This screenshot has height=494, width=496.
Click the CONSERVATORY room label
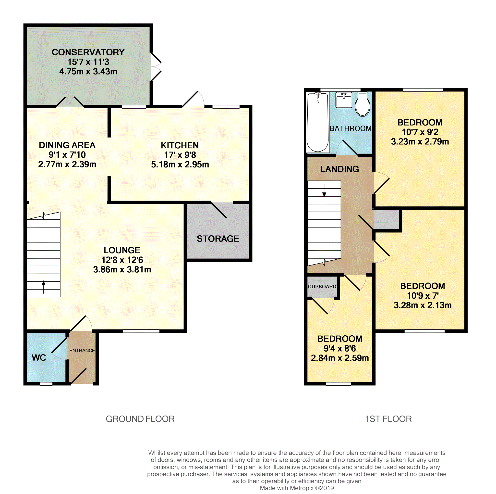click(x=88, y=52)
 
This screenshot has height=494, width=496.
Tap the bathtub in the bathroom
click(x=318, y=122)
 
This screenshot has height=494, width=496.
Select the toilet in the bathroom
click(x=363, y=105)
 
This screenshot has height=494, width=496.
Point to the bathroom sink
click(x=344, y=100)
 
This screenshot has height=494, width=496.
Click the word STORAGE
click(x=218, y=239)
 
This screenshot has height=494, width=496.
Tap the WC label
click(x=39, y=357)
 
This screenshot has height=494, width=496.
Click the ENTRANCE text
click(x=82, y=351)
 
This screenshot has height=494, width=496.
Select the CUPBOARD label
click(x=322, y=287)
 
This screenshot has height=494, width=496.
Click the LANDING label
click(x=340, y=169)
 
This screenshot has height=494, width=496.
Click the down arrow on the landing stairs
click(x=324, y=191)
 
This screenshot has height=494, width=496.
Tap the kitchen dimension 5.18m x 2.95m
click(x=180, y=165)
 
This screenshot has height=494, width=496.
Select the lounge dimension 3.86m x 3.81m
click(x=122, y=270)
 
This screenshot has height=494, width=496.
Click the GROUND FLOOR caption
click(x=140, y=419)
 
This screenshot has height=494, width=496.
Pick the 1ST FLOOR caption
click(x=388, y=419)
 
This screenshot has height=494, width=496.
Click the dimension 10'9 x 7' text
click(x=423, y=296)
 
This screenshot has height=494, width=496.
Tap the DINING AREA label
click(x=67, y=145)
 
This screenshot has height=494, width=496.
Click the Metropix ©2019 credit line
click(x=297, y=488)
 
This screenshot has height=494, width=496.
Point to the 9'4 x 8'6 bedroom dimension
click(x=340, y=349)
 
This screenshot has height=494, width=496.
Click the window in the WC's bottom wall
click(x=46, y=384)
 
